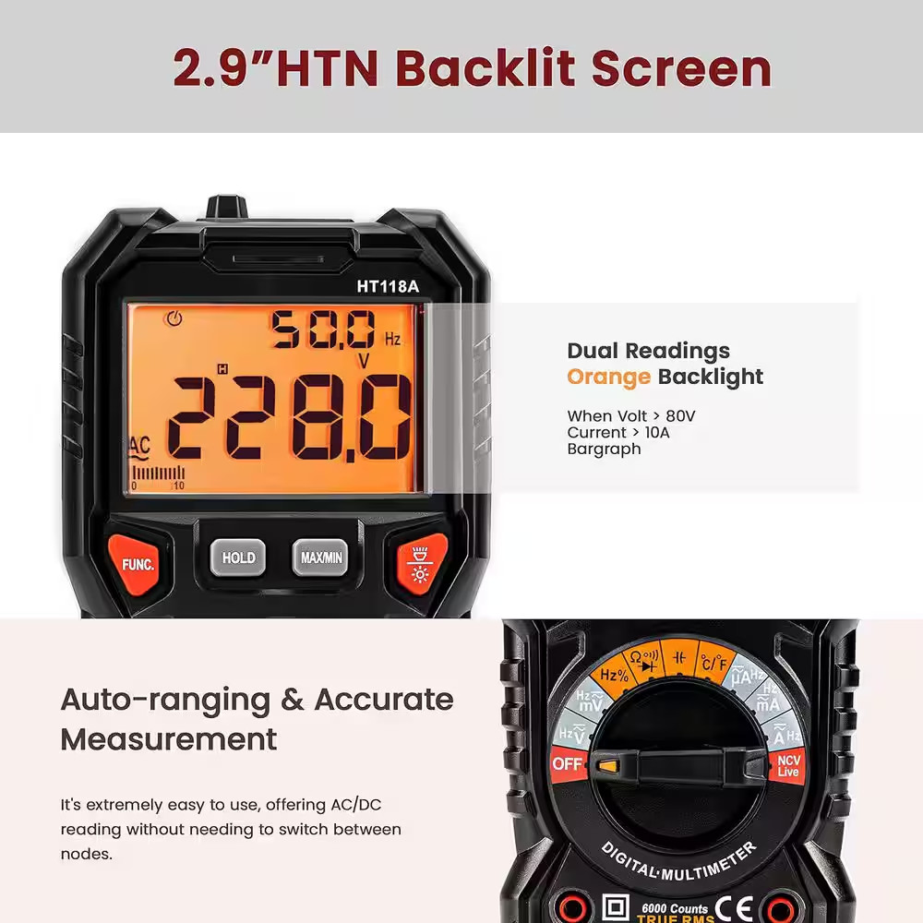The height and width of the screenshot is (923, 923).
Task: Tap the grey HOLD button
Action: (x=238, y=557)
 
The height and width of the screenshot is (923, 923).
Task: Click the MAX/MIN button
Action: (x=320, y=557)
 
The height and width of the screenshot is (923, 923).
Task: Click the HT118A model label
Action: (x=388, y=286)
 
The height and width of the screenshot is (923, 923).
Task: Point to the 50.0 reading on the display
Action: (x=322, y=330)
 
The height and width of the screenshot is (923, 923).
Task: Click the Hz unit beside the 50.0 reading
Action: (x=393, y=340)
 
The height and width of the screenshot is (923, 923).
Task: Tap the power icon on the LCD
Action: (x=172, y=319)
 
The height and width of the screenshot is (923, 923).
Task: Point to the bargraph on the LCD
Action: (x=158, y=473)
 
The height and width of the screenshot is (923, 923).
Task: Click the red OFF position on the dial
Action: (x=568, y=764)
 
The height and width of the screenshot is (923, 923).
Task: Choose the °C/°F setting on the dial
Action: (x=713, y=662)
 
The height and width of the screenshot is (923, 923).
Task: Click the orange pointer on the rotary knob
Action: (x=607, y=765)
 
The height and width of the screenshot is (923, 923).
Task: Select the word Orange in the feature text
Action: (x=608, y=377)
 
